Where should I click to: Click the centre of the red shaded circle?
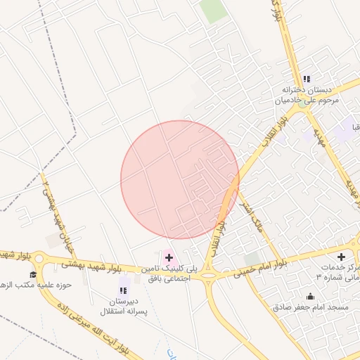(x=180, y=180)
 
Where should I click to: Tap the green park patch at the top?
(x=212, y=11)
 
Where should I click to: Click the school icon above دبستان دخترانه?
(x=306, y=79)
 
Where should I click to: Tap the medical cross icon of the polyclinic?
(x=168, y=258)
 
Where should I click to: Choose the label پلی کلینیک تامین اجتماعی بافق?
(x=169, y=274)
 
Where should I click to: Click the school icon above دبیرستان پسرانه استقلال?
(x=124, y=289)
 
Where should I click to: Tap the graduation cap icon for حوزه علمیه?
(x=32, y=274)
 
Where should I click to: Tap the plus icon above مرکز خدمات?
(x=341, y=257)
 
